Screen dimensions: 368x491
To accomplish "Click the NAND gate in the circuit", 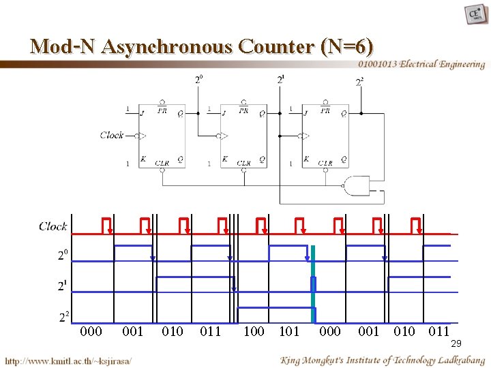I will point(357,185).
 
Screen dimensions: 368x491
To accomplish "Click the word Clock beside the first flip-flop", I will point(112,135).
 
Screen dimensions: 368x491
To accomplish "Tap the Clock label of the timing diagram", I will point(53,226).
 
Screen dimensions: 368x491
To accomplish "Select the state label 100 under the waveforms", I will point(254,332).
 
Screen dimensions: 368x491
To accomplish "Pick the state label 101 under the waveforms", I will point(290,332).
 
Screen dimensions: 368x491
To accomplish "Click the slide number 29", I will point(456,343).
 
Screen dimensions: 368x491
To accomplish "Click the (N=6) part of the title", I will point(346,46).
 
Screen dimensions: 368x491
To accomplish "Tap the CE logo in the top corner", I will point(475,14).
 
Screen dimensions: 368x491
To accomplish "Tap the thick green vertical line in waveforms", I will point(313,284).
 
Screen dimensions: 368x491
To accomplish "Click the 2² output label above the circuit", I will point(359,82).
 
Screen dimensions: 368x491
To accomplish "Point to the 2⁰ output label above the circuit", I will point(198,79).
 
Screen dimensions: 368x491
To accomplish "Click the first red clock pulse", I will point(106,225).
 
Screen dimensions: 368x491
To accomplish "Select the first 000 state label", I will point(91,332).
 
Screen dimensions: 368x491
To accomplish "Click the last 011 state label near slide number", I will point(439,332).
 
